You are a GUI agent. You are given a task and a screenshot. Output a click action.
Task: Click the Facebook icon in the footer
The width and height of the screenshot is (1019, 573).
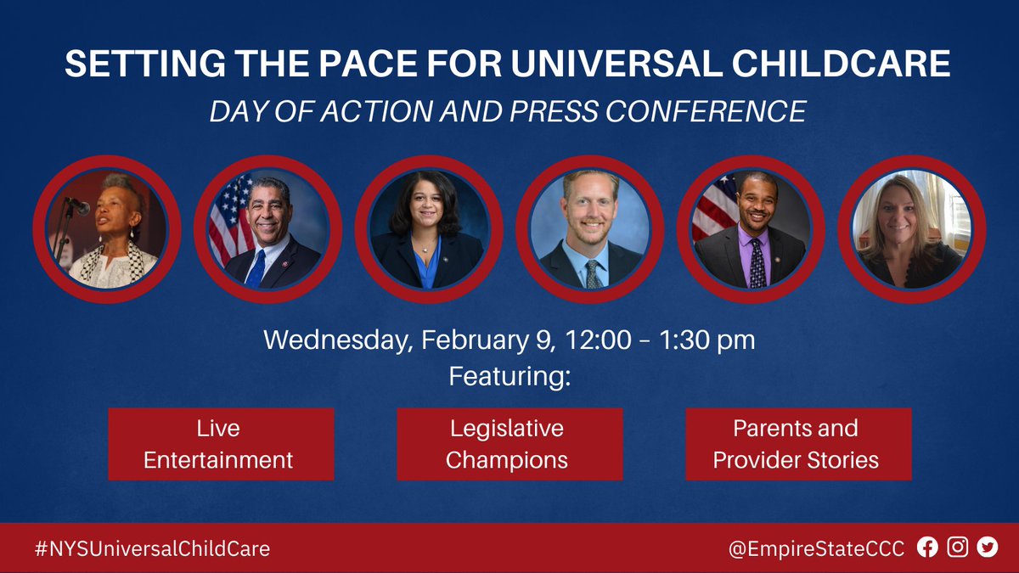[928, 548]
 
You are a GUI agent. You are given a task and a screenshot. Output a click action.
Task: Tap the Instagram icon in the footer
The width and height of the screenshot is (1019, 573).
[958, 548]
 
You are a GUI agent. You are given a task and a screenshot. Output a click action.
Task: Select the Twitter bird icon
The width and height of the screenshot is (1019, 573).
[988, 548]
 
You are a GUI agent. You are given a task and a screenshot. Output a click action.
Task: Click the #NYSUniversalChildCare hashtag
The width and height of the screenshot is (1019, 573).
[152, 548]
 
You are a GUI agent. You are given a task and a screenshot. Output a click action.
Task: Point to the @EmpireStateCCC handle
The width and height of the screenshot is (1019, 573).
[816, 548]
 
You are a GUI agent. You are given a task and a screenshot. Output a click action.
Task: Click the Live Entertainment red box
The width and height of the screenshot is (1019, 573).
[221, 444]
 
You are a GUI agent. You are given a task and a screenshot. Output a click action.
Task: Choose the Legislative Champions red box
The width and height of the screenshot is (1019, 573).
[509, 444]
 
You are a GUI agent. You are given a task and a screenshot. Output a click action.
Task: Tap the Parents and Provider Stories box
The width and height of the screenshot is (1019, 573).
[798, 444]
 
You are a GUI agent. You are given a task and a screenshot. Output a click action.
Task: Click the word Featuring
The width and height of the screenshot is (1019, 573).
[509, 376]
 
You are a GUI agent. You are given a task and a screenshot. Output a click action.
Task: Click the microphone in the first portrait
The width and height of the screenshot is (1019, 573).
[78, 205]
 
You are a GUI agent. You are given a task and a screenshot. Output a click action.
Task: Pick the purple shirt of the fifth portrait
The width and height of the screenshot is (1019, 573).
[756, 256]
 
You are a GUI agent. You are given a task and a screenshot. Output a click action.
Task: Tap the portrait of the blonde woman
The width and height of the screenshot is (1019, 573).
[911, 229]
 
